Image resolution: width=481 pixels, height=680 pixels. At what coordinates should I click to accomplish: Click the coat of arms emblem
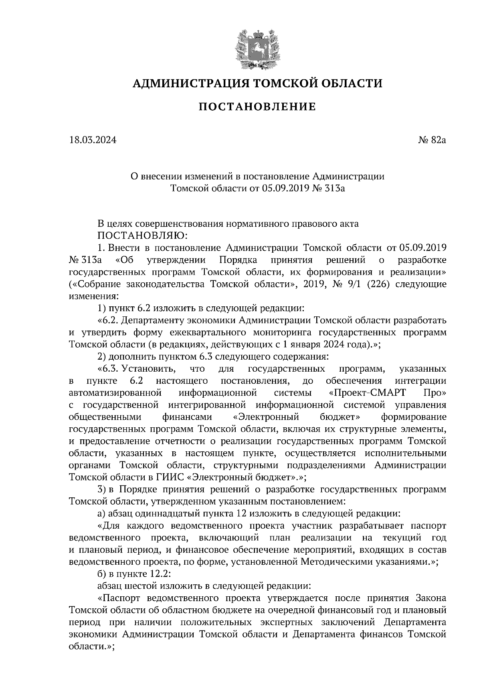click(257, 47)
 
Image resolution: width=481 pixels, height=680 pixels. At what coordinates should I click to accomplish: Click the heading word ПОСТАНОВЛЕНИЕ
click(257, 107)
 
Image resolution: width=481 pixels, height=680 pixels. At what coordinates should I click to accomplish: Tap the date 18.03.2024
click(92, 140)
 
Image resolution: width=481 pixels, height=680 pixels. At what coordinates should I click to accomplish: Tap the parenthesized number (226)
click(375, 285)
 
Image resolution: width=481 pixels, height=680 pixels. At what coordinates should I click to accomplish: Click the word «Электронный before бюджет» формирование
click(266, 417)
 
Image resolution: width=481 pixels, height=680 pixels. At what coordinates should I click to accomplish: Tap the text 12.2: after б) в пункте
click(161, 573)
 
